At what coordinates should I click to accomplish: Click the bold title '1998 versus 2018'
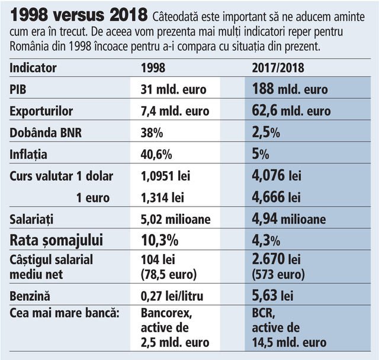point(79,15)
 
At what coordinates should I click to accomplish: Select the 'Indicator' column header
point(33,68)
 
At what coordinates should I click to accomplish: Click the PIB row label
point(19,90)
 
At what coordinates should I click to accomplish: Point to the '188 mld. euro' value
point(290,89)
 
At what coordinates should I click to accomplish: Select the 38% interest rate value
point(152,133)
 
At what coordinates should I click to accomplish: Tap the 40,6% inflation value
point(156,155)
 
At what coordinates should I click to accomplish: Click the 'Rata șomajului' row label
point(56,240)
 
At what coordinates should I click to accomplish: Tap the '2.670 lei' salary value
point(277,260)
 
